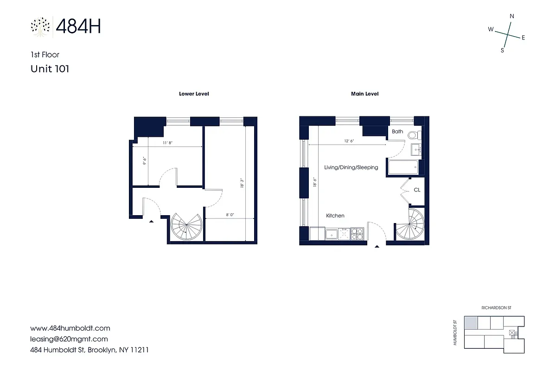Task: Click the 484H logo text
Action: click(78, 26)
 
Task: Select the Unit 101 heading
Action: click(50, 69)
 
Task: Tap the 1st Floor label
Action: click(45, 55)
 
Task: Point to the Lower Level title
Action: click(194, 94)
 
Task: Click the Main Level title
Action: click(364, 94)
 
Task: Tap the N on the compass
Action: click(512, 16)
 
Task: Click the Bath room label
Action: click(397, 132)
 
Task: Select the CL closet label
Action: click(417, 190)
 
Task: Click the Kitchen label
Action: click(335, 216)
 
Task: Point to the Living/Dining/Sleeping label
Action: click(351, 167)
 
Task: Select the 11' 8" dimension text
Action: click(168, 143)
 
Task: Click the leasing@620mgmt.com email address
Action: click(69, 339)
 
